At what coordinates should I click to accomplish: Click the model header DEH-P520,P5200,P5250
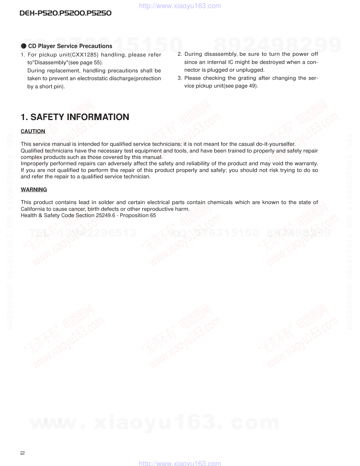(66, 13)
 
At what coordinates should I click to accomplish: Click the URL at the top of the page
(180, 6)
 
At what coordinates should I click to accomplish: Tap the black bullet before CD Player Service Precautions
(24, 46)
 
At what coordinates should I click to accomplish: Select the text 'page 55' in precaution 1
(92, 62)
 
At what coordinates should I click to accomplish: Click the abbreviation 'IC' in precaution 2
(230, 62)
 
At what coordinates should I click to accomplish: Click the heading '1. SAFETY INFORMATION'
(75, 117)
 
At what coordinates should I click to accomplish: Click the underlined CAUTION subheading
(33, 131)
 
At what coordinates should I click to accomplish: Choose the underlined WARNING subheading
(34, 190)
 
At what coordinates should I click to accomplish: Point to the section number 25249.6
(106, 215)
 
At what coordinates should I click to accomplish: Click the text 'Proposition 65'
(138, 215)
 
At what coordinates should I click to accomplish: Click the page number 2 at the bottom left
(23, 453)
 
